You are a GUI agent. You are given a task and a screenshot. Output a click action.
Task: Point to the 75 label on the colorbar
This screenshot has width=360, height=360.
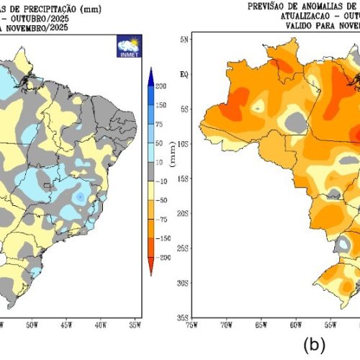point(159,124)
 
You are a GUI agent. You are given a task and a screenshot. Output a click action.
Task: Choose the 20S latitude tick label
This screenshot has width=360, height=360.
point(183,213)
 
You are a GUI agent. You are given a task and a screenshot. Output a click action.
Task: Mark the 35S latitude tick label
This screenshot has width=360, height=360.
point(183,317)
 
